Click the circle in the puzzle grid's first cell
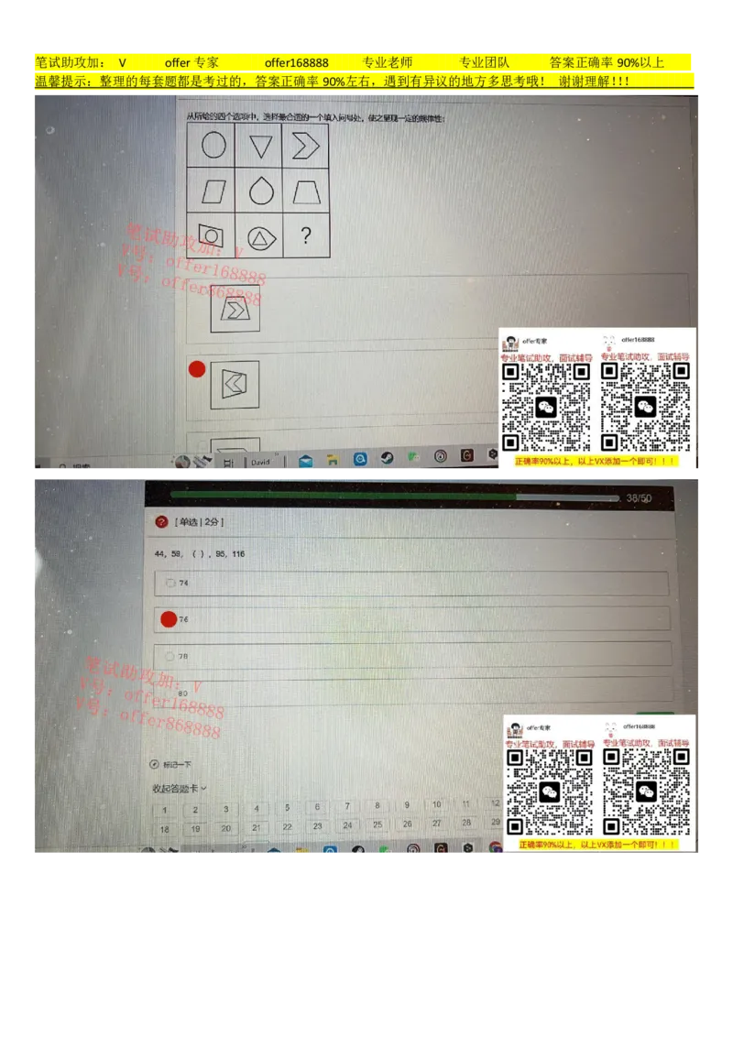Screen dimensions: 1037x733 click(213, 146)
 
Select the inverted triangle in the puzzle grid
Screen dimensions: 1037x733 click(261, 147)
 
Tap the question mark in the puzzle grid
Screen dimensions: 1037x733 click(305, 236)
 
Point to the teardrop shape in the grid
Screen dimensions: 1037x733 click(261, 191)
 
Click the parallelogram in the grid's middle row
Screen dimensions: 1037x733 click(213, 192)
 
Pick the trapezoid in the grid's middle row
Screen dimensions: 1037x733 click(305, 191)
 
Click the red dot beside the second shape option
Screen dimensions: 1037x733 click(196, 369)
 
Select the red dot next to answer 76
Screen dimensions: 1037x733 click(169, 619)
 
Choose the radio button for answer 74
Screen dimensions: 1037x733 click(170, 583)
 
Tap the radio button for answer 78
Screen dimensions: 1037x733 click(170, 656)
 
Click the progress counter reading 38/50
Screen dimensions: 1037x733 click(639, 498)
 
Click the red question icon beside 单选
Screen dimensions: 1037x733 click(162, 521)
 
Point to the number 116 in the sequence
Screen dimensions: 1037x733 click(238, 554)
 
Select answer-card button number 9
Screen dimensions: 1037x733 click(407, 805)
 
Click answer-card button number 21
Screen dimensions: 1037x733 click(257, 827)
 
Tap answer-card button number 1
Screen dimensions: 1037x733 click(165, 810)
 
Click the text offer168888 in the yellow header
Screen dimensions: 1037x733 click(296, 63)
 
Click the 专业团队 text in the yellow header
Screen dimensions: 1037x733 click(484, 63)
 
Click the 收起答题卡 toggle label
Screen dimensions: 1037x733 click(179, 788)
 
